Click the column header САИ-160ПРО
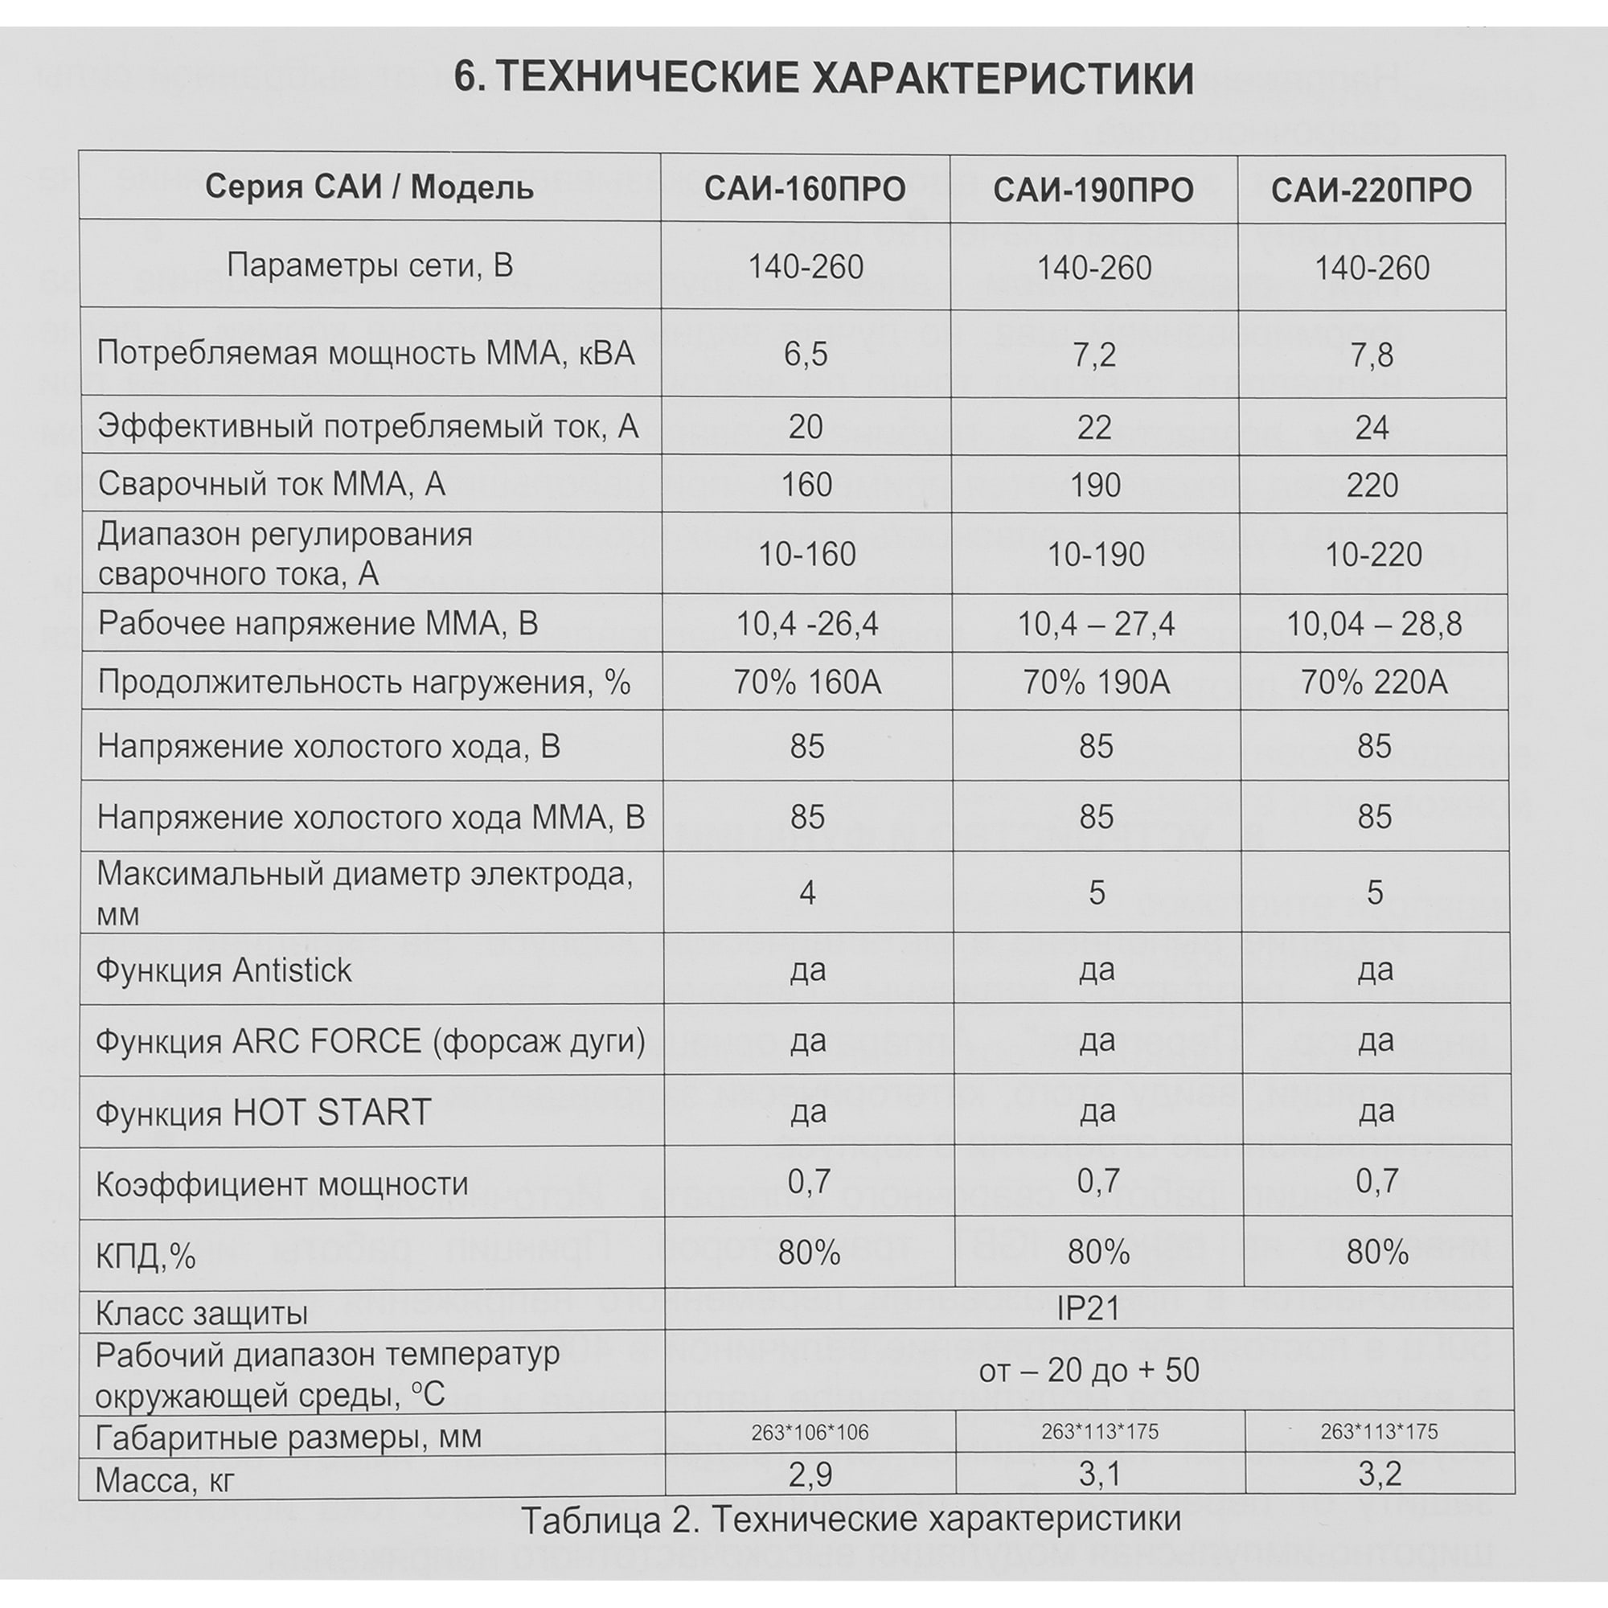pyautogui.click(x=805, y=190)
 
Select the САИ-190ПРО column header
pyautogui.click(x=1093, y=191)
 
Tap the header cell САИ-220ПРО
pyautogui.click(x=1371, y=191)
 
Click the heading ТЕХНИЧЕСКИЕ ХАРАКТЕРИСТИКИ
pyautogui.click(x=823, y=79)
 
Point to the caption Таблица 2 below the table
pyautogui.click(x=851, y=1518)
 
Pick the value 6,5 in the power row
pyautogui.click(x=805, y=355)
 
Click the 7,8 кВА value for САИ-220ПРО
pyautogui.click(x=1372, y=355)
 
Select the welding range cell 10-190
pyautogui.click(x=1095, y=554)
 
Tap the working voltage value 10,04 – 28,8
pyautogui.click(x=1373, y=624)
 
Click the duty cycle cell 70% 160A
pyautogui.click(x=806, y=683)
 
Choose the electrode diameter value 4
pyautogui.click(x=806, y=893)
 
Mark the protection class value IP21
pyautogui.click(x=1088, y=1309)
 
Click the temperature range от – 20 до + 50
pyautogui.click(x=1089, y=1370)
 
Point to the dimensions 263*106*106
pyautogui.click(x=809, y=1433)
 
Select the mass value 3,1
pyautogui.click(x=1099, y=1475)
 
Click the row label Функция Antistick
pyautogui.click(x=224, y=970)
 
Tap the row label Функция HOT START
pyautogui.click(x=264, y=1113)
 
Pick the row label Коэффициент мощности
pyautogui.click(x=282, y=1183)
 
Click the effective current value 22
pyautogui.click(x=1093, y=428)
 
